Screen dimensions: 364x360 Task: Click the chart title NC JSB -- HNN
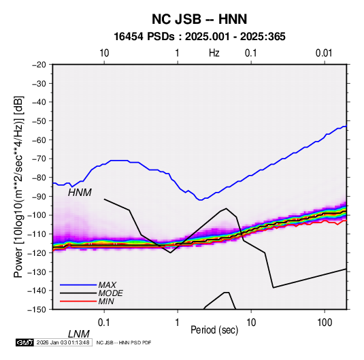tap(199, 19)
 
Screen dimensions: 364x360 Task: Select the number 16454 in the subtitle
tap(129, 37)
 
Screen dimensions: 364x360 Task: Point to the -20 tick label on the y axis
tap(39, 65)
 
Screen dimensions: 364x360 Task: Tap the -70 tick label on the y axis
tap(39, 159)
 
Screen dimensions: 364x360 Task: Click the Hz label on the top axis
tap(214, 53)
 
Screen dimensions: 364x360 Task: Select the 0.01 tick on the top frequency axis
tap(324, 53)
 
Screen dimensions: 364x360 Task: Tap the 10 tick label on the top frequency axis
tap(104, 53)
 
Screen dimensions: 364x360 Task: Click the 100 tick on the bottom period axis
tap(325, 323)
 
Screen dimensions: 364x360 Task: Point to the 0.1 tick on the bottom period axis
tap(104, 323)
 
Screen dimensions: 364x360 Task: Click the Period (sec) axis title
tap(214, 330)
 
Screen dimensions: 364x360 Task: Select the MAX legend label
tap(107, 284)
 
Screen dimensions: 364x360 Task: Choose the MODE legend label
tap(110, 293)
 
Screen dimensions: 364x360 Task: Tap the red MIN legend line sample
tap(78, 301)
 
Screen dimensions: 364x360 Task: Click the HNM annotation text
tap(80, 193)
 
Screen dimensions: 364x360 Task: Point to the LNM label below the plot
tap(79, 334)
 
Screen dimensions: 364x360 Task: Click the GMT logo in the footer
tap(25, 342)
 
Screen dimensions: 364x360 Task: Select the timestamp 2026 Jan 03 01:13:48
tap(63, 342)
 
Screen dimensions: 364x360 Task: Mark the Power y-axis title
tap(18, 186)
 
